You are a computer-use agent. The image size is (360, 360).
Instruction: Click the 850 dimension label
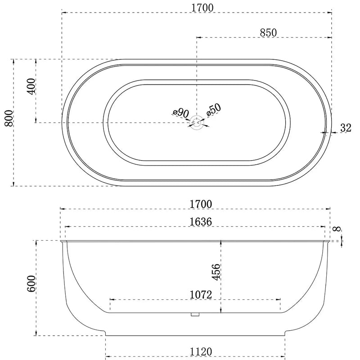[268, 32]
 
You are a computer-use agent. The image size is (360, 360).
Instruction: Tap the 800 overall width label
[9, 118]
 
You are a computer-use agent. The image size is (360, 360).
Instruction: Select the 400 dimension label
[31, 86]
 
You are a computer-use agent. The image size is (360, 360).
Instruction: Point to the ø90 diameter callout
[181, 113]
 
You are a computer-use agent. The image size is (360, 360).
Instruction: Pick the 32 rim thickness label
[346, 128]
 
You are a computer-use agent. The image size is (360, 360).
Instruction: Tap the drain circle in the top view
[197, 122]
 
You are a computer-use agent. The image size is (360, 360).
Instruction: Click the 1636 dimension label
[201, 222]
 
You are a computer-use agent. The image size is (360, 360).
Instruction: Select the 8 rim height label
[337, 229]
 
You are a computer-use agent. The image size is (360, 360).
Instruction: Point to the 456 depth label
[216, 272]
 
